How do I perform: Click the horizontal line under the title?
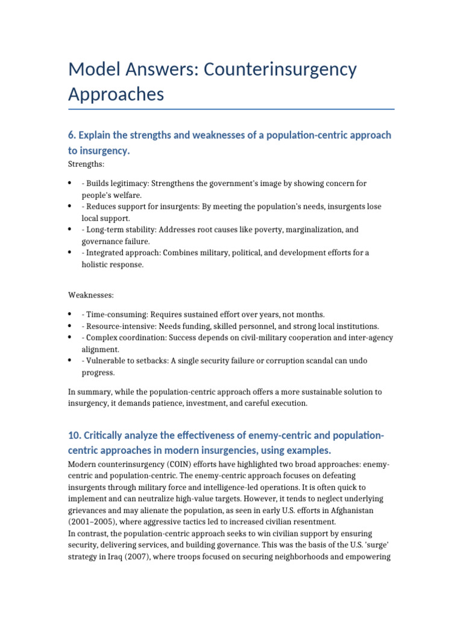(231, 109)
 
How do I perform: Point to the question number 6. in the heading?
(72, 135)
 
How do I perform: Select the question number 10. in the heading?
(75, 436)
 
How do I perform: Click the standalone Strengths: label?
(86, 164)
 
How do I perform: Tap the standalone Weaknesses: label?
(91, 295)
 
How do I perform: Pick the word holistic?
(96, 264)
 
